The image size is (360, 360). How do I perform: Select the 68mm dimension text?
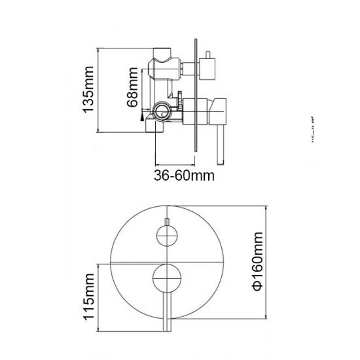tap(132, 92)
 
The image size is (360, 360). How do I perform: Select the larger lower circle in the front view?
tap(166, 279)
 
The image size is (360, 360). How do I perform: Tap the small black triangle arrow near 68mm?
tap(141, 116)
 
